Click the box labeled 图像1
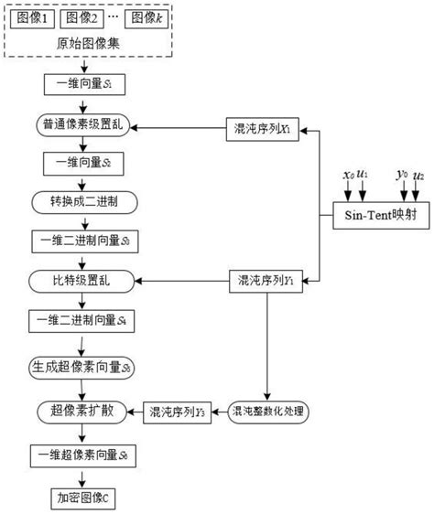(x=34, y=18)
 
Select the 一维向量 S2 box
(x=85, y=162)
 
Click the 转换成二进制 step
(x=85, y=199)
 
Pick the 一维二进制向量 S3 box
(x=85, y=240)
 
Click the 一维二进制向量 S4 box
(x=85, y=321)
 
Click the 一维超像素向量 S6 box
(x=85, y=455)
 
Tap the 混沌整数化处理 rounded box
(x=269, y=412)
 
